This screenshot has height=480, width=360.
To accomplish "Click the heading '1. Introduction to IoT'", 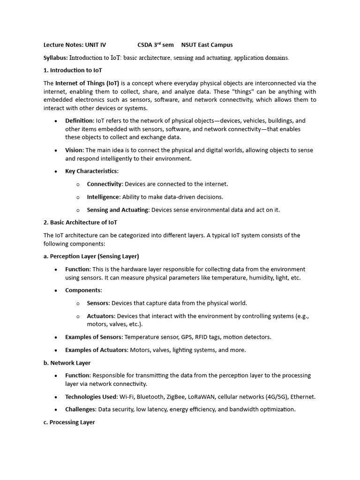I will click(73, 70).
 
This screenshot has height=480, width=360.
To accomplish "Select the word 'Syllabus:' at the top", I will click(56, 58).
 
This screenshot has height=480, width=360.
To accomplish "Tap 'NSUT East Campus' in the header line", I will click(207, 45).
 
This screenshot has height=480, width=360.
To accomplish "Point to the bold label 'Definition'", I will click(79, 120).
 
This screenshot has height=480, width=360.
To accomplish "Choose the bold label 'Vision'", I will click(74, 150).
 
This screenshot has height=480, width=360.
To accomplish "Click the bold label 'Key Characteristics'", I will click(91, 171).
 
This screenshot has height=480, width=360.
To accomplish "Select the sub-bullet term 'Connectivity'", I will click(104, 184).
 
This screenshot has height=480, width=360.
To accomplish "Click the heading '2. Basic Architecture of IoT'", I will click(80, 222).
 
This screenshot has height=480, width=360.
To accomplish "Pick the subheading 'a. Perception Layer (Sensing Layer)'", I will click(91, 256).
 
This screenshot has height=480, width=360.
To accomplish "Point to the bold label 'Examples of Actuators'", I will click(96, 350).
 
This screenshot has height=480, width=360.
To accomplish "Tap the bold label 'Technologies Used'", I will click(91, 397).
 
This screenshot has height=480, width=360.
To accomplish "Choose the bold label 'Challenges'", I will click(80, 409).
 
